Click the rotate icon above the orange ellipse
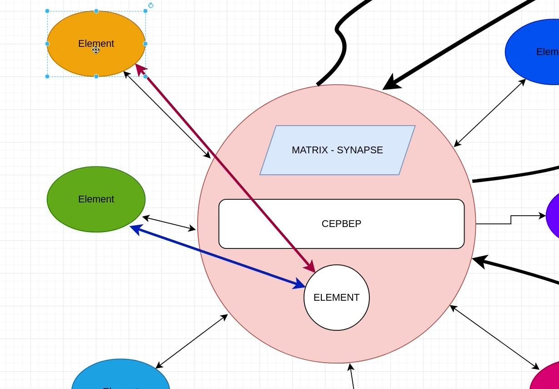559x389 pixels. tap(151, 5)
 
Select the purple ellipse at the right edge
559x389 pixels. tap(554, 216)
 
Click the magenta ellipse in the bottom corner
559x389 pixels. tap(548, 378)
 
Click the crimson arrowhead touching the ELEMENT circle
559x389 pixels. tap(311, 268)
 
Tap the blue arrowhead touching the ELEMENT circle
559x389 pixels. tap(300, 285)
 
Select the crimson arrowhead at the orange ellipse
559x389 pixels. tap(140, 69)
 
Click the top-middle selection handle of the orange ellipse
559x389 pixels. tap(96, 11)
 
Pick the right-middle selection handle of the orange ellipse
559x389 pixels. tap(145, 44)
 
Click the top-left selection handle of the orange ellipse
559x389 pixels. tap(47, 11)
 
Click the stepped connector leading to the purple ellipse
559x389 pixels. tap(511, 220)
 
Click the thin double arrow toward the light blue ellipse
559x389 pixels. tap(191, 341)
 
